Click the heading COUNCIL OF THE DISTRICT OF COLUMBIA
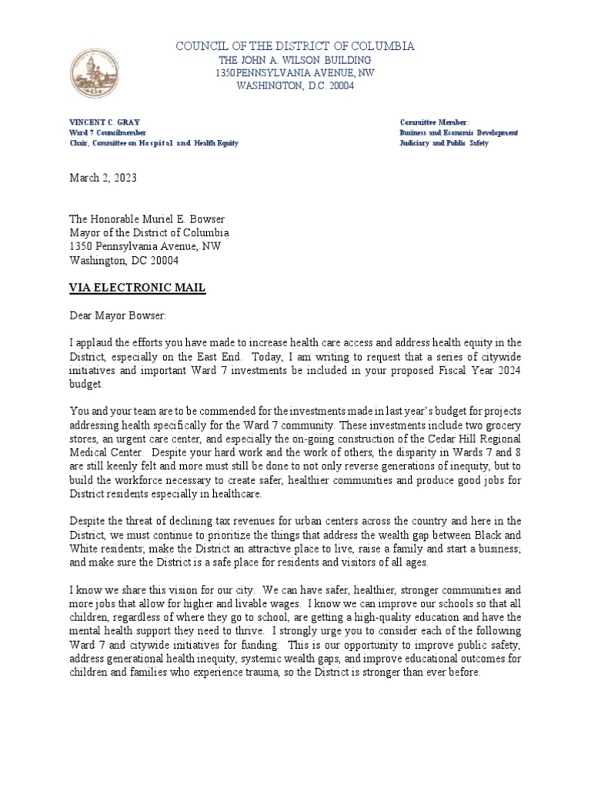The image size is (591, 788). click(x=295, y=46)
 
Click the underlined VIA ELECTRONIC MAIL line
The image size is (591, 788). click(x=138, y=288)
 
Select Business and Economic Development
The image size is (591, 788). click(x=459, y=133)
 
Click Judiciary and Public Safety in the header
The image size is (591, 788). click(x=443, y=144)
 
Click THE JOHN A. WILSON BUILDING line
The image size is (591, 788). click(x=295, y=60)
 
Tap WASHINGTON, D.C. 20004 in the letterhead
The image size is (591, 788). click(x=295, y=87)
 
